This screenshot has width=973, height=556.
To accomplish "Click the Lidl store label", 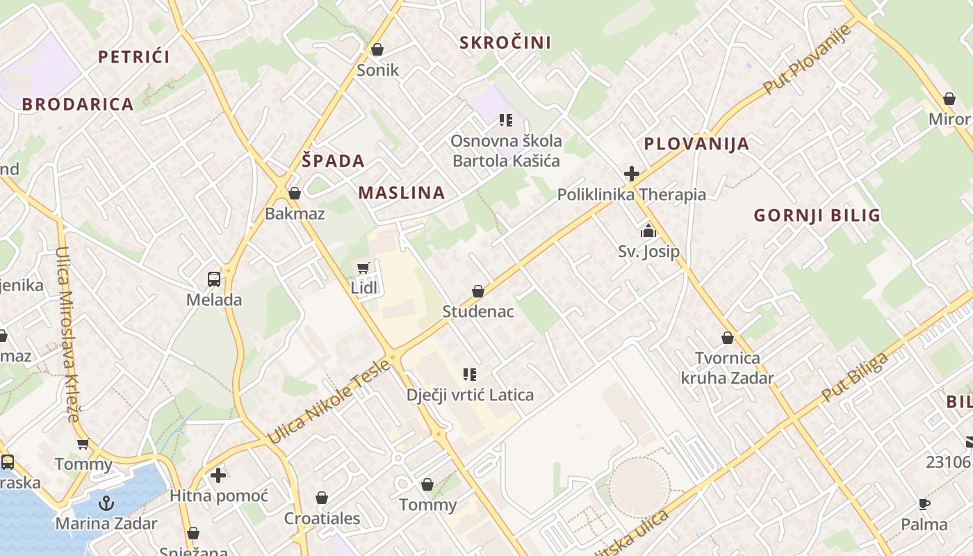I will [x=363, y=288].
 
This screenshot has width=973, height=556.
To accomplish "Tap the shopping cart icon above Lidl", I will [x=363, y=268].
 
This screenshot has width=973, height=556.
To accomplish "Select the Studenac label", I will [x=478, y=311].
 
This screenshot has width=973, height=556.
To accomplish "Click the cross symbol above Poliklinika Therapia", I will [x=631, y=174].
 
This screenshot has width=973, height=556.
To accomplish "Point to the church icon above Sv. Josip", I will [x=648, y=231].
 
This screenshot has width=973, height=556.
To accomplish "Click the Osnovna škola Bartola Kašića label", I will [x=506, y=151].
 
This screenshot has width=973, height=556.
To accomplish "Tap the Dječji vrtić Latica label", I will [x=470, y=395].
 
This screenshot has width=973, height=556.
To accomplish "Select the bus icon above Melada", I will [x=214, y=279].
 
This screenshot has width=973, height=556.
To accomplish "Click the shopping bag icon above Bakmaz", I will [x=295, y=193].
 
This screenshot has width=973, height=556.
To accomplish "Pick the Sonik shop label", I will [x=378, y=69].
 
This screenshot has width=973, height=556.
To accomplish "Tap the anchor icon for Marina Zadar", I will [x=106, y=503].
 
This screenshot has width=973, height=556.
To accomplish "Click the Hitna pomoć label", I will [x=219, y=496].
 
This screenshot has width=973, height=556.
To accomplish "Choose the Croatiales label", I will [x=322, y=518].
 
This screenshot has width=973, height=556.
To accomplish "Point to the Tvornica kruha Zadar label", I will [x=727, y=368].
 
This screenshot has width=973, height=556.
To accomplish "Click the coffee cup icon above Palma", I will [x=924, y=504].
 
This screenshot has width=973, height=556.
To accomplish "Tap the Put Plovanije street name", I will [x=808, y=60].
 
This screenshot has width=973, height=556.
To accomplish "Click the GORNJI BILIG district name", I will [x=817, y=215].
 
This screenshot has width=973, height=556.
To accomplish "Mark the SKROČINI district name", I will [x=505, y=43].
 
